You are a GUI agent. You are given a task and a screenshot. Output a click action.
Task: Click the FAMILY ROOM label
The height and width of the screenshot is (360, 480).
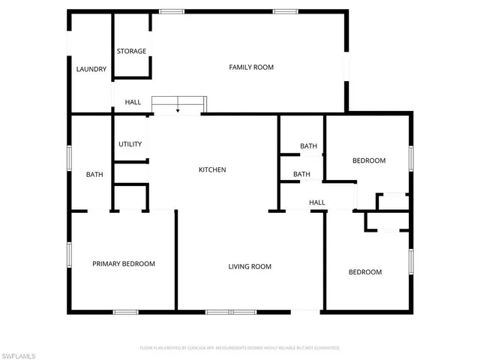click(251, 67)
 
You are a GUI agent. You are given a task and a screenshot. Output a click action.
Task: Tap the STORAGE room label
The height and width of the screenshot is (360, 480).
click(131, 51)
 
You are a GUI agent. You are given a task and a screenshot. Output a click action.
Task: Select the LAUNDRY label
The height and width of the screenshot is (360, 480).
click(91, 70)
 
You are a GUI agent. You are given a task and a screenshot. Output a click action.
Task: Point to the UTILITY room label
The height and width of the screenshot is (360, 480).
click(130, 144)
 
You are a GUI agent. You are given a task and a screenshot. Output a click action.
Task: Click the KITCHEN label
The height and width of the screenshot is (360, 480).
click(212, 170)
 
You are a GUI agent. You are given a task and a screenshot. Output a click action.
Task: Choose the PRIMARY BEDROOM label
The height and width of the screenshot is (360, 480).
click(124, 264)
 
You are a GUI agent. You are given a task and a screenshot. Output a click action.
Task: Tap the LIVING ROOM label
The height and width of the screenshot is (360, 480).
click(250, 266)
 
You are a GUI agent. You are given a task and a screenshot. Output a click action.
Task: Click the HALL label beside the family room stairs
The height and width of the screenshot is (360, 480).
click(133, 103)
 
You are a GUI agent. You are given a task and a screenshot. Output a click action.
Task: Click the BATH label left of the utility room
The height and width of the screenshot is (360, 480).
click(94, 175)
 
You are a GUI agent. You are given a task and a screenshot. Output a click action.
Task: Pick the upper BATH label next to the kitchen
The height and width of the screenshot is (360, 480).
click(309, 146)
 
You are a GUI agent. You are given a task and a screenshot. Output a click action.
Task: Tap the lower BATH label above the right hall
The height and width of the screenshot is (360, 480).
click(301, 175)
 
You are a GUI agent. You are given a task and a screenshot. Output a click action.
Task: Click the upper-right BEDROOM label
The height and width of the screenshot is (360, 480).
click(369, 160)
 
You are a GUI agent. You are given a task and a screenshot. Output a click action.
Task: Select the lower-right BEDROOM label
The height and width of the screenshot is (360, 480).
click(365, 272)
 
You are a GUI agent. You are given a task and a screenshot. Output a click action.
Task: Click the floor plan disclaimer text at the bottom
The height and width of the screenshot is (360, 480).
click(240, 348)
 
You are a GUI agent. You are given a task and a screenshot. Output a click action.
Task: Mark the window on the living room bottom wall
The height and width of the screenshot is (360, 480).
click(230, 311)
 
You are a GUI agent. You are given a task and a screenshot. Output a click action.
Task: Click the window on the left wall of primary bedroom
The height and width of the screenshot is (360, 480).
click(69, 253)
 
